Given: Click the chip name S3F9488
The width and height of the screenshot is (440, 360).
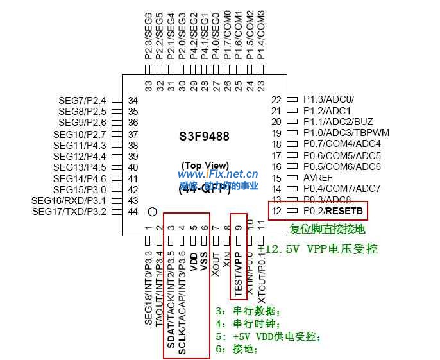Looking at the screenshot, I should [x=203, y=137].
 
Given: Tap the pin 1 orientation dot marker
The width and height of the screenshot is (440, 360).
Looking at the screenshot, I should [x=152, y=212].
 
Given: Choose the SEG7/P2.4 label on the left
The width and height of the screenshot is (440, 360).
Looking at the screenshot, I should [x=82, y=100].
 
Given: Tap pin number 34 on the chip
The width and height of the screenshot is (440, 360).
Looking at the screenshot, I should [x=133, y=100].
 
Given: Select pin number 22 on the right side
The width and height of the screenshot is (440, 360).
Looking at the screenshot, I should [x=276, y=99].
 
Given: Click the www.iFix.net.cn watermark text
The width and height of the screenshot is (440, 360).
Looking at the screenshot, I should [x=217, y=174].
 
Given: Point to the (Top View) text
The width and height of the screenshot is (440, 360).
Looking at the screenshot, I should [x=204, y=164].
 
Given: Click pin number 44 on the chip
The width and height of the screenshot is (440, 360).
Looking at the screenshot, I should [x=133, y=211].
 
